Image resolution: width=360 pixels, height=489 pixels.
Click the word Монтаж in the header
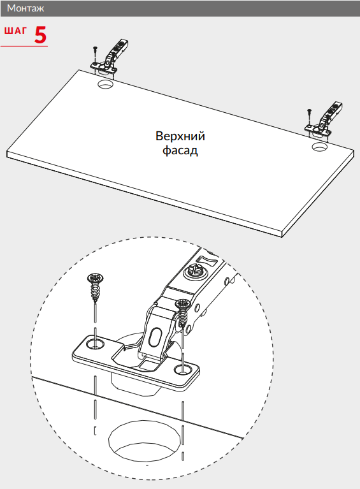point(25,8)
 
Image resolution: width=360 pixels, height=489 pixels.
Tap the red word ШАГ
point(15,31)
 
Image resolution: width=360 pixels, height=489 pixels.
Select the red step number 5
point(40,34)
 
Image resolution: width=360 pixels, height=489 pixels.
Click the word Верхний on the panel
point(180,136)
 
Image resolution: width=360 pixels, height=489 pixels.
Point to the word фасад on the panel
point(180,150)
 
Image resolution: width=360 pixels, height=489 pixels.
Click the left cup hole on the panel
point(105,84)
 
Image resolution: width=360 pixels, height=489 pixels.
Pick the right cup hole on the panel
point(319,147)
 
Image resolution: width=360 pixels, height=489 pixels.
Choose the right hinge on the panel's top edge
point(324,120)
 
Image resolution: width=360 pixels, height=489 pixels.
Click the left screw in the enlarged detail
point(95,288)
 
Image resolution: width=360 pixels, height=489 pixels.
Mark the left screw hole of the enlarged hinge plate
point(95,344)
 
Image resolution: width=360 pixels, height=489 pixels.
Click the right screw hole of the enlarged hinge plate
point(183,370)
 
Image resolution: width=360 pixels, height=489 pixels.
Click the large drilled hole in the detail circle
point(145,441)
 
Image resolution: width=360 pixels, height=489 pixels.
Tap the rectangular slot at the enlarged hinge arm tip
point(206,259)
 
